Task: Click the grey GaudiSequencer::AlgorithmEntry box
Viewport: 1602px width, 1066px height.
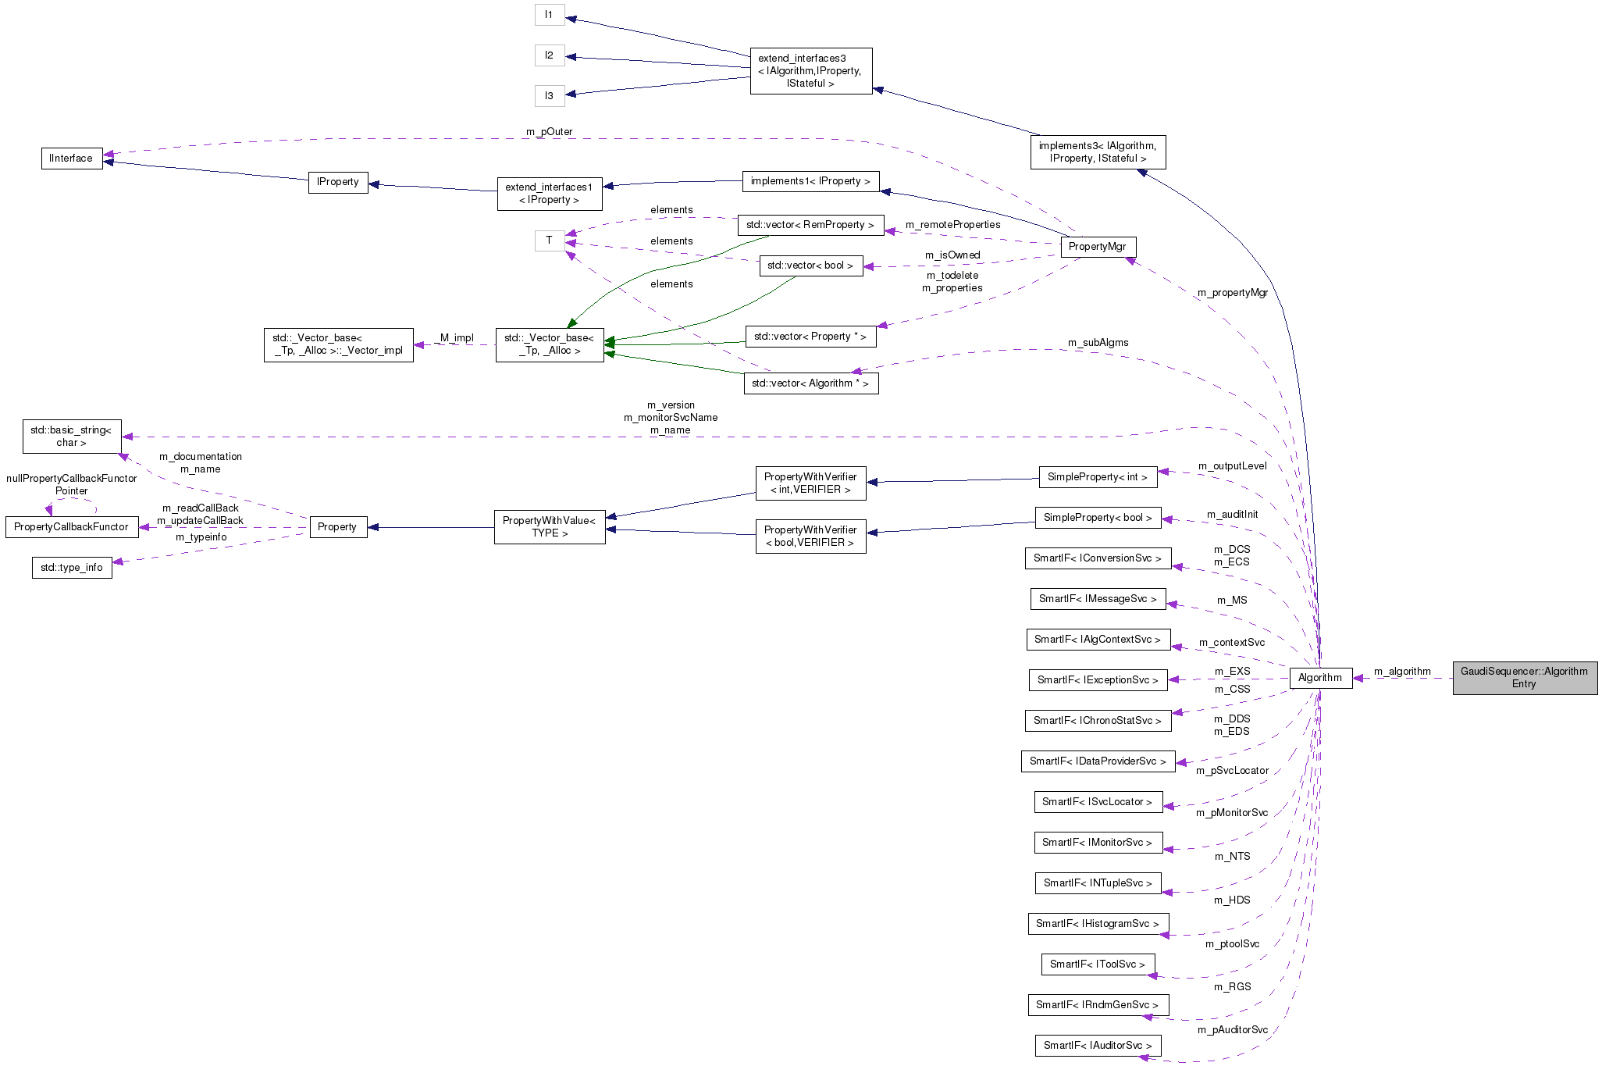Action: coord(1524,677)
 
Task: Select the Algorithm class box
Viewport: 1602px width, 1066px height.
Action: coord(1319,677)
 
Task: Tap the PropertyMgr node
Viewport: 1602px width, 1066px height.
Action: coord(1097,246)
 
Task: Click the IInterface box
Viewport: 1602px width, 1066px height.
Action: coord(71,158)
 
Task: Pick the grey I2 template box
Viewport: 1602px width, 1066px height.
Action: coord(549,55)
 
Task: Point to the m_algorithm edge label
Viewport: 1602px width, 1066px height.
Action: coord(1402,671)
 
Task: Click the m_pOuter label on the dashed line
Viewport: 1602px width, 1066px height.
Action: coord(549,131)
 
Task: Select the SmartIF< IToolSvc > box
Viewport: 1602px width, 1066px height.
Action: coord(1097,964)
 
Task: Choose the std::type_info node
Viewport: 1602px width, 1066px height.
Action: coord(71,567)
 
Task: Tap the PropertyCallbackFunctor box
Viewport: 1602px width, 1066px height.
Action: coord(71,526)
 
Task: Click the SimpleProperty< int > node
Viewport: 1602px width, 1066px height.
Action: coord(1097,476)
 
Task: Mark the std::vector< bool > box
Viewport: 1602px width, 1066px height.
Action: coord(810,265)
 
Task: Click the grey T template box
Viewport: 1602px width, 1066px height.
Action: coord(549,240)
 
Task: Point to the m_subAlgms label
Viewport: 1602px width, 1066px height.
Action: coord(1098,342)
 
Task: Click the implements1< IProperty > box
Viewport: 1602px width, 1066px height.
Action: coord(810,180)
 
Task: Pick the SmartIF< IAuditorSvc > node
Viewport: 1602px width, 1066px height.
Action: coord(1097,1045)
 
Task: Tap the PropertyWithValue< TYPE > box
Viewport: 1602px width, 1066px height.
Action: coord(549,526)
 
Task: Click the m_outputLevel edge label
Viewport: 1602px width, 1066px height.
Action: coord(1232,465)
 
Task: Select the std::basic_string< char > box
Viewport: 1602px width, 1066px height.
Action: coord(71,436)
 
